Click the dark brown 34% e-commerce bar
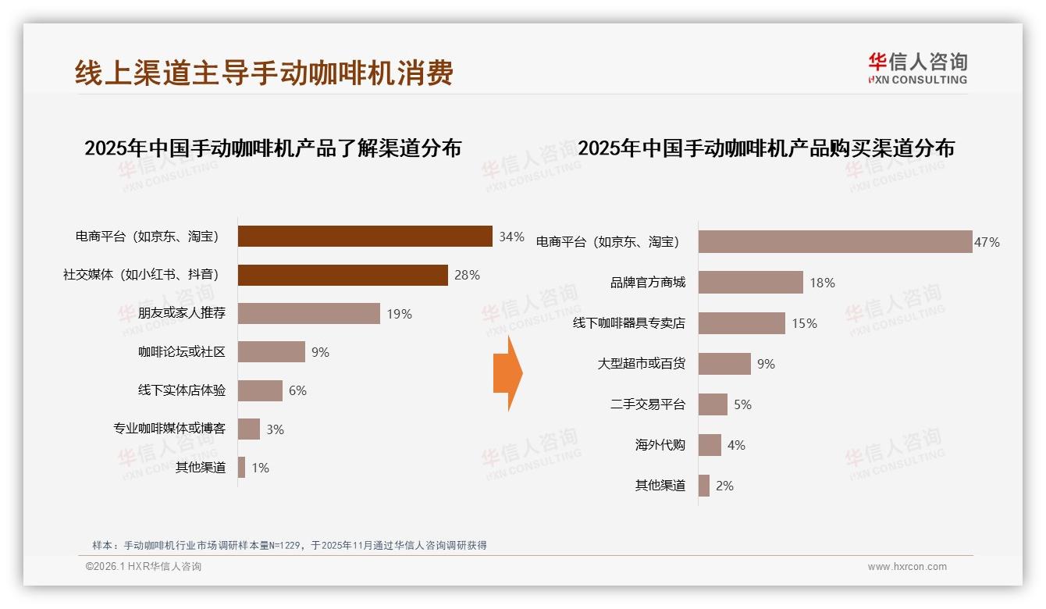[x=365, y=236]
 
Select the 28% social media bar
[x=343, y=275]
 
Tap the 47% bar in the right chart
[x=834, y=242]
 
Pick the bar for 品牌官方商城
[x=750, y=283]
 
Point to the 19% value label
[x=399, y=314]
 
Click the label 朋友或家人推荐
[x=182, y=313]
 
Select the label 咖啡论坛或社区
[x=182, y=352]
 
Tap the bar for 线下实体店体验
[x=260, y=390]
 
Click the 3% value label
[x=275, y=429]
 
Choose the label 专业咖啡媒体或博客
[x=169, y=429]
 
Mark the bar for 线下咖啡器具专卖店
[x=742, y=323]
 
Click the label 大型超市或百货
[x=642, y=364]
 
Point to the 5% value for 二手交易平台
[x=742, y=404]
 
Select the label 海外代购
[x=660, y=445]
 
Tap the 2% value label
[x=724, y=486]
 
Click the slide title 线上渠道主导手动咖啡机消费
[x=264, y=73]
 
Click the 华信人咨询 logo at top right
[x=917, y=68]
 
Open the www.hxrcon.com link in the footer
[x=907, y=567]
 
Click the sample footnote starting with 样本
[x=289, y=545]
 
